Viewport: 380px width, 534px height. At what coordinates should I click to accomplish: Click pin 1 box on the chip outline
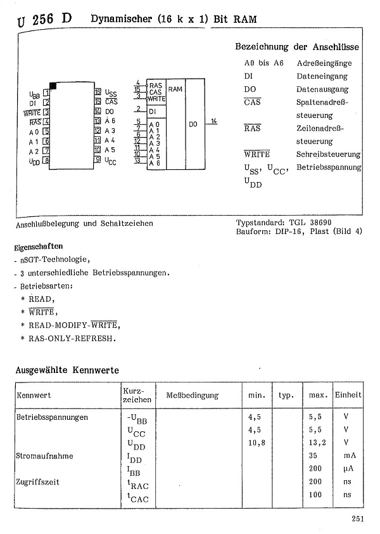point(46,92)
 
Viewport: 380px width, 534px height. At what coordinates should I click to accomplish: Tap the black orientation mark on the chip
point(53,85)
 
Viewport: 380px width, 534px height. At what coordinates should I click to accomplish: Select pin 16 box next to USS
point(98,92)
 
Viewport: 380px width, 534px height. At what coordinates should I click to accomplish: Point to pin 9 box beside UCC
point(98,160)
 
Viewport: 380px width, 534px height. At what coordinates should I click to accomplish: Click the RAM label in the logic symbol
point(175,89)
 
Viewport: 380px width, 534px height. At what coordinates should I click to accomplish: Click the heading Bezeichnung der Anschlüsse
point(296,48)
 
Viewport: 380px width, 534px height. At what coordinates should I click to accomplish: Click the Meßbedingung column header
point(192,396)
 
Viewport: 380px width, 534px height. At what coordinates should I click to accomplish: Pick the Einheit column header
point(348,395)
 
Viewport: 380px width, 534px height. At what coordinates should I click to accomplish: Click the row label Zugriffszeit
point(38,482)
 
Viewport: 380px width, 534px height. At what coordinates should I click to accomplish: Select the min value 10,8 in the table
point(256,443)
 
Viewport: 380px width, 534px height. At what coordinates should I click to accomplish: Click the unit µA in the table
point(346,469)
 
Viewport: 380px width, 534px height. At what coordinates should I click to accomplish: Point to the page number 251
point(357,520)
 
